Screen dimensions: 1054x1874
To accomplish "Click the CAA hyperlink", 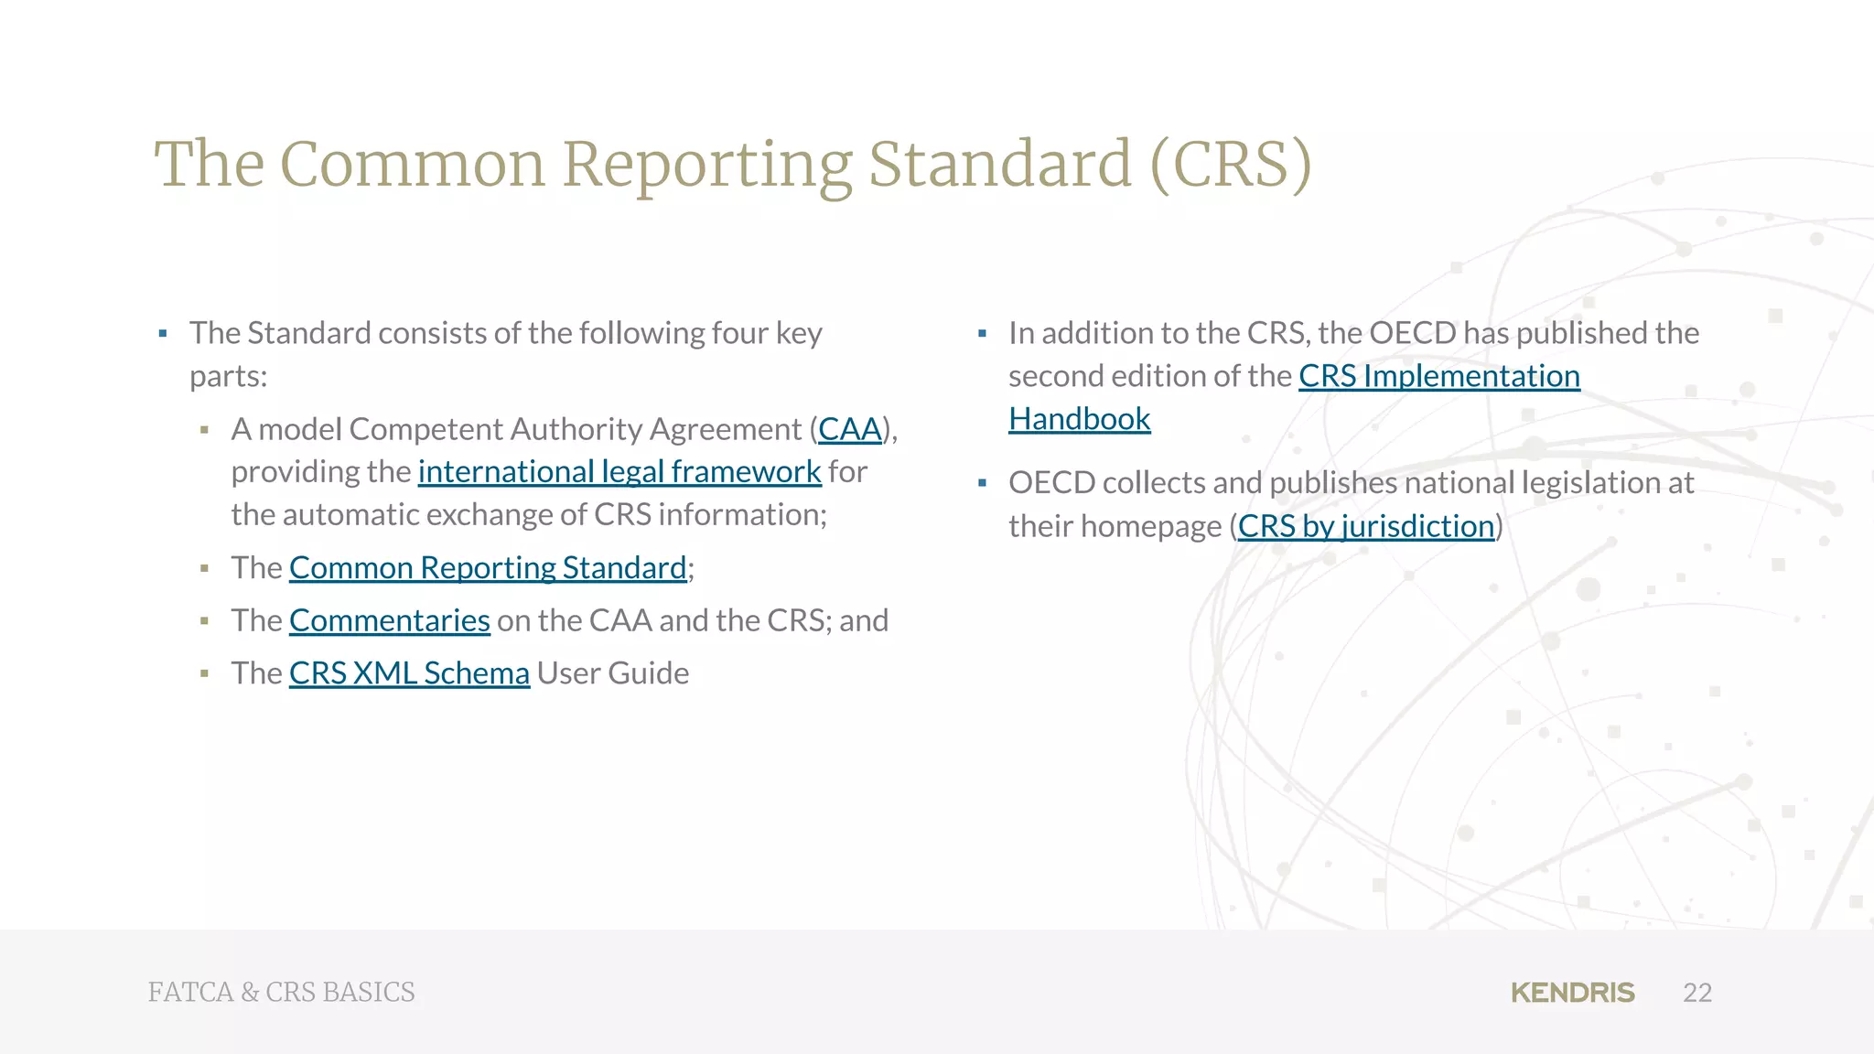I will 849,429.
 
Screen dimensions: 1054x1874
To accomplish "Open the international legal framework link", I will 619,472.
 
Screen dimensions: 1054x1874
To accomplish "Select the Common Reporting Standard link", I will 487,568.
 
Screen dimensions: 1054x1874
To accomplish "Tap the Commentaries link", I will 389,621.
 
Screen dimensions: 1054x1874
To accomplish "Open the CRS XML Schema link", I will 409,673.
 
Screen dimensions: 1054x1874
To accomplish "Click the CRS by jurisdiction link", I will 1365,526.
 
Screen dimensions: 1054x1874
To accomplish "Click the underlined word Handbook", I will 1079,419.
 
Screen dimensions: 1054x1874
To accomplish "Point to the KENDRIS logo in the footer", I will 1572,993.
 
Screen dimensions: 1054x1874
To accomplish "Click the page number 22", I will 1697,993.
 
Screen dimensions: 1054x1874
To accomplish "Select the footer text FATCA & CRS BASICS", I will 281,993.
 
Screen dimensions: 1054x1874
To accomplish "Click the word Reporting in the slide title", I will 706,165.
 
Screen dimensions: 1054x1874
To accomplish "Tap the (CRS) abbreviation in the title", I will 1231,165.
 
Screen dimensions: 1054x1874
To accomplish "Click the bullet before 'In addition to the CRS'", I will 982,334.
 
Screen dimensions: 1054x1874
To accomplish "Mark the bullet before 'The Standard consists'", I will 163,334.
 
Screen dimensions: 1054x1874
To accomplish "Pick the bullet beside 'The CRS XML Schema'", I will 204,674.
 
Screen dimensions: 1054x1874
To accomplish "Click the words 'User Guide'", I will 612,673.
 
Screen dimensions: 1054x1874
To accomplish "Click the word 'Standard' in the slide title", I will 999,165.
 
